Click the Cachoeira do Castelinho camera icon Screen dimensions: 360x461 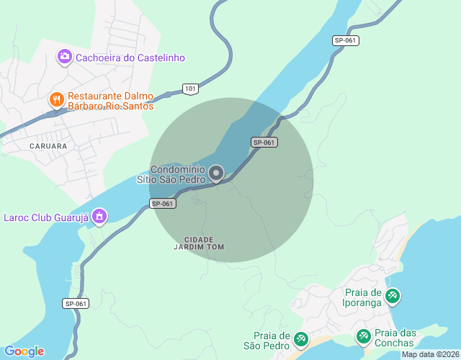pos(65,56)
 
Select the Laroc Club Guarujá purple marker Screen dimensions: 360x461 pos(100,215)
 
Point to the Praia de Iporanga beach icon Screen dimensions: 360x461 pos(393,296)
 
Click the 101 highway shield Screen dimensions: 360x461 pos(189,89)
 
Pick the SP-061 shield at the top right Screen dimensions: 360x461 pos(346,40)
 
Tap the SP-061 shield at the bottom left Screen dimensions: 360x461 pos(76,304)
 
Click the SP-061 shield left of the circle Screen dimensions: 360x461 pos(164,204)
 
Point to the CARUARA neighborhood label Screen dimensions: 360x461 pos(48,145)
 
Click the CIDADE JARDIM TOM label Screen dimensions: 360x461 pos(200,243)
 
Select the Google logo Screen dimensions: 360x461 pos(24,351)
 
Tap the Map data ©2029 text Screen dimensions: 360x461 pos(429,354)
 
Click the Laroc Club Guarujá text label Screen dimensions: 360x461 pos(45,216)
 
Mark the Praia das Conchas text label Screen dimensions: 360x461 pos(396,337)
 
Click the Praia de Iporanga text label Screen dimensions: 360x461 pos(363,297)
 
